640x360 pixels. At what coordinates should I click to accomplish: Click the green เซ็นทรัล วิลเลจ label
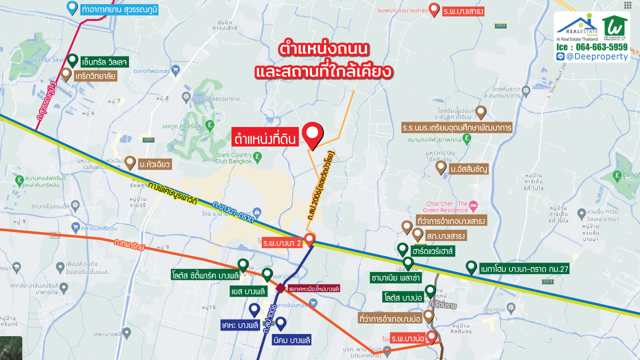[105, 62]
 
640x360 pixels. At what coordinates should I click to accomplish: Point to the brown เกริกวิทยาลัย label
[95, 76]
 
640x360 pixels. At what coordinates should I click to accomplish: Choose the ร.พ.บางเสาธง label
[463, 10]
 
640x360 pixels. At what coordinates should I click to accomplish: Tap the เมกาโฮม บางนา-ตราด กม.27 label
[524, 269]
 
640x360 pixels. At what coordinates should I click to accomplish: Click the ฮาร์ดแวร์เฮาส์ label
[432, 250]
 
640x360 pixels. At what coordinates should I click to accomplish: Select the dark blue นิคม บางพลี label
[292, 340]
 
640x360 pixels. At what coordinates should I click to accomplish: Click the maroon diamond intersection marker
[280, 289]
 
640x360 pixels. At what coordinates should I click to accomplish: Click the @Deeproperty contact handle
[596, 56]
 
